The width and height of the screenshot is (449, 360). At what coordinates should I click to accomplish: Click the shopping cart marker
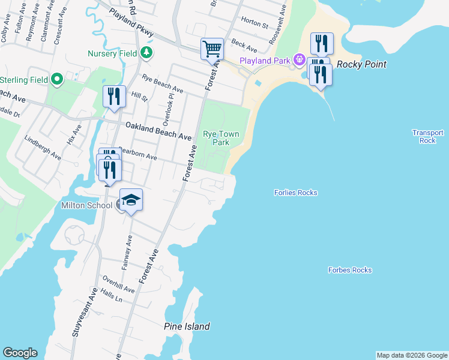pos(212,49)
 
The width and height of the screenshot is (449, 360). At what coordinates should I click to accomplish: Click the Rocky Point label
pos(361,64)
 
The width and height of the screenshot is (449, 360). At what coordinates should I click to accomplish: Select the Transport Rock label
pos(427,136)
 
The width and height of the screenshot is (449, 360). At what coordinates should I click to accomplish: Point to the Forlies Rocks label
pos(295,193)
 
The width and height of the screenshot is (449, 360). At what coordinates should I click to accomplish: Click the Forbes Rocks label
pos(350,270)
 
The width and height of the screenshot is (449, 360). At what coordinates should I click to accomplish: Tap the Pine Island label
pos(187,326)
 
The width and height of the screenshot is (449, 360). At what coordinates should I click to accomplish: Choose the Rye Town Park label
pos(216,138)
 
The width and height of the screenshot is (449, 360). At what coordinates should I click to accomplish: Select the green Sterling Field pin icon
pos(57,79)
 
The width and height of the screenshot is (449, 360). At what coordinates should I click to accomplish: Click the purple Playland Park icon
pos(298,60)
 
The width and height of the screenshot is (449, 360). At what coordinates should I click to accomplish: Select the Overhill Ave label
pos(118,284)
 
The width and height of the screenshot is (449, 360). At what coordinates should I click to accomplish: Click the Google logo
pos(20,353)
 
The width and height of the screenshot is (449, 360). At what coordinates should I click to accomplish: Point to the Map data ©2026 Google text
pos(412,355)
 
